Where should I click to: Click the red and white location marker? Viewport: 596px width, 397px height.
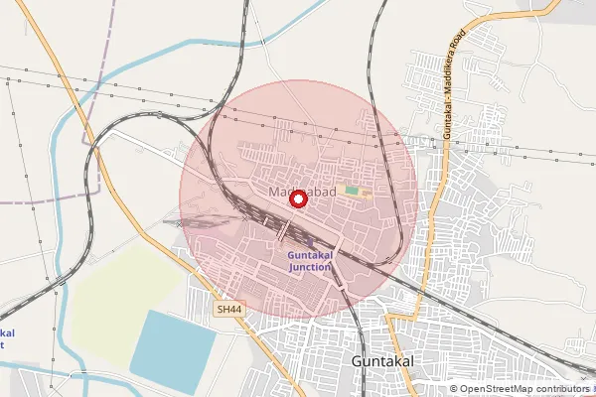296,198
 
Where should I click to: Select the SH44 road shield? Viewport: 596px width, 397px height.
229,310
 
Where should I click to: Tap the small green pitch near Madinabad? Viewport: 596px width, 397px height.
352,190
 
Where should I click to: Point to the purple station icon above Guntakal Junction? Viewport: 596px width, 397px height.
309,241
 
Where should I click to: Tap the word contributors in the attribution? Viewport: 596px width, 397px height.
563,389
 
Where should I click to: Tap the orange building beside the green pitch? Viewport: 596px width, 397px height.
365,189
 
